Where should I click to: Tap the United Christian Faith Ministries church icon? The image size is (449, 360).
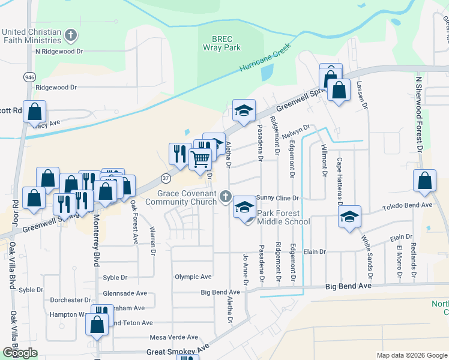point(71,35)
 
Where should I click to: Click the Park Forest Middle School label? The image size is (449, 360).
point(283,217)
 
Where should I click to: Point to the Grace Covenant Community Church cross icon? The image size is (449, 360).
point(226,196)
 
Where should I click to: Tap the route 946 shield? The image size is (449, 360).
point(29,77)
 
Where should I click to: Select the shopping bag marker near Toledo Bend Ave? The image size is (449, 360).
point(424,181)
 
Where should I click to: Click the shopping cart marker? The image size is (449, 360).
point(200,159)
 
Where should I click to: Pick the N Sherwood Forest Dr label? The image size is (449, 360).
point(419,114)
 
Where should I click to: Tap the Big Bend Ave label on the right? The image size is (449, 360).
point(349,287)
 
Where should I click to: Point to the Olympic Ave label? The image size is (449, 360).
point(193,277)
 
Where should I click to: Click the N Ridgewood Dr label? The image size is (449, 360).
point(59,52)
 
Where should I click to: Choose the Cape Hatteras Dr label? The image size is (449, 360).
point(339,180)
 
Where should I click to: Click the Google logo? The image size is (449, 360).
point(20,353)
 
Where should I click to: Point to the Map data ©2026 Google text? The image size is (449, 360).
point(411,355)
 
